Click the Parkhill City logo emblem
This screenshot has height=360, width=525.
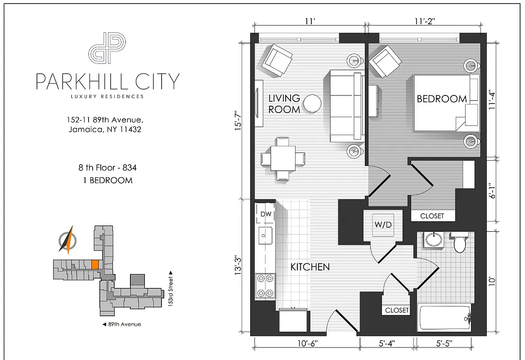107,48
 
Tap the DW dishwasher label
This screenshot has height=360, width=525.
266,214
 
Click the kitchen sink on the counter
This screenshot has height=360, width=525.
265,235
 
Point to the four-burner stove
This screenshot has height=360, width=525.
265,286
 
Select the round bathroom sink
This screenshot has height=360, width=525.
434,240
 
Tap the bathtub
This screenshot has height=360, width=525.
445,318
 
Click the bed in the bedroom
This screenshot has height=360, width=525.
446,103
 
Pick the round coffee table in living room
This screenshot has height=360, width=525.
312,103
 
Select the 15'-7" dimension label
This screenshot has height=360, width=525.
238,121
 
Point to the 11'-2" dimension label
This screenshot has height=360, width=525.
425,21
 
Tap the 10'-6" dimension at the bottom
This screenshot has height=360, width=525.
307,344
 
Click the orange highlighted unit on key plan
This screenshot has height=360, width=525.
95,265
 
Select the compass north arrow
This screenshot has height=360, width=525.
67,239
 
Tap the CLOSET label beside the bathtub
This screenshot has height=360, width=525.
397,310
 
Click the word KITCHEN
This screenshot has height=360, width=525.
310,267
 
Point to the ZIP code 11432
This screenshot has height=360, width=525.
130,129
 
